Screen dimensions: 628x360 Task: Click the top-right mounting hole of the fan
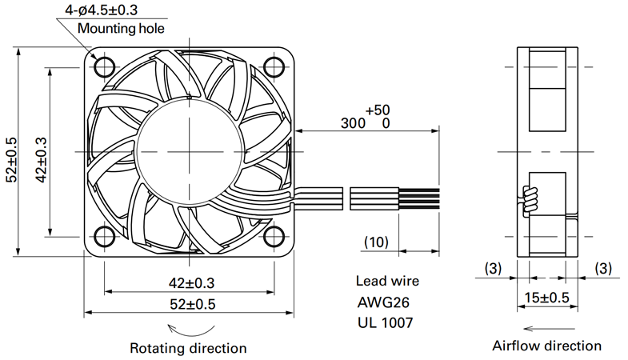(274, 66)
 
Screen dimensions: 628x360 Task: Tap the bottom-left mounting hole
(105, 236)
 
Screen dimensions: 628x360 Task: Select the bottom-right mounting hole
(274, 236)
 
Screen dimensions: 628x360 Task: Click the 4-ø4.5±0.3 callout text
(102, 10)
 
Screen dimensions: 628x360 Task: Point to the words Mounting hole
(121, 29)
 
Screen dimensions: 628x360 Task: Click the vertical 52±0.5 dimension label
(12, 160)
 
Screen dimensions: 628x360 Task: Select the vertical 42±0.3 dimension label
(42, 160)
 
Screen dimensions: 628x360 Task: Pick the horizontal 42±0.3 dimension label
(191, 283)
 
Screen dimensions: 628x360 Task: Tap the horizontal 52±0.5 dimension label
(193, 304)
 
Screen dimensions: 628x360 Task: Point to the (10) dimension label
(377, 242)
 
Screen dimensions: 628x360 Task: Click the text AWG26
(383, 302)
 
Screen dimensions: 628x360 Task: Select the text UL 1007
(385, 322)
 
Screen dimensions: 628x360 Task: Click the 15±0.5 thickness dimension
(546, 298)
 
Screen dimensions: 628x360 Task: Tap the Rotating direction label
(188, 348)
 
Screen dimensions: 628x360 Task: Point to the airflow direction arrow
(549, 329)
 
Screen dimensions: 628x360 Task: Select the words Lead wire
(387, 281)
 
